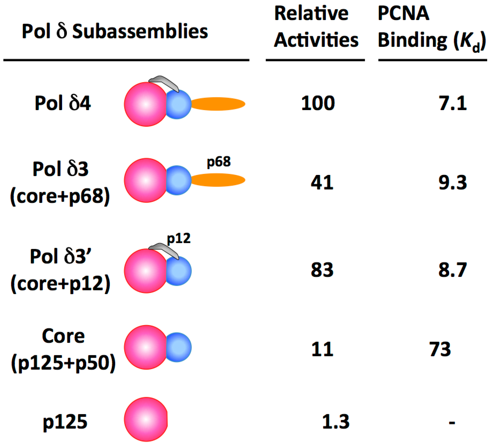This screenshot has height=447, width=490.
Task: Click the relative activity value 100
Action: (318, 103)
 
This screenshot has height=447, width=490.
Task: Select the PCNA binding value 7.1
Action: (452, 103)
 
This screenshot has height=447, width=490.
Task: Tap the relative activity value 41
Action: (322, 183)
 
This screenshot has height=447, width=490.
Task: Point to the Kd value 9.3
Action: (452, 183)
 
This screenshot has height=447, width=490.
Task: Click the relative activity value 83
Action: (322, 270)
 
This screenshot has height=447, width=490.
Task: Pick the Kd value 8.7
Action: (452, 270)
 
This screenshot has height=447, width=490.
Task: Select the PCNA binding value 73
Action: (440, 349)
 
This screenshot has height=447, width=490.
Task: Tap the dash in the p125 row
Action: (452, 423)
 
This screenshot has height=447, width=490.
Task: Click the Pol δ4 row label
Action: (63, 103)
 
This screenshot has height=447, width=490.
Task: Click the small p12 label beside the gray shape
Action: (179, 239)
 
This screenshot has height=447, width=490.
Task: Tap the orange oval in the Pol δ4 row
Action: (218, 104)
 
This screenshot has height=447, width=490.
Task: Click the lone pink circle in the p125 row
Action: (146, 419)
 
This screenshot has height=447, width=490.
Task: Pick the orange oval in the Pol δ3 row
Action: (218, 180)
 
